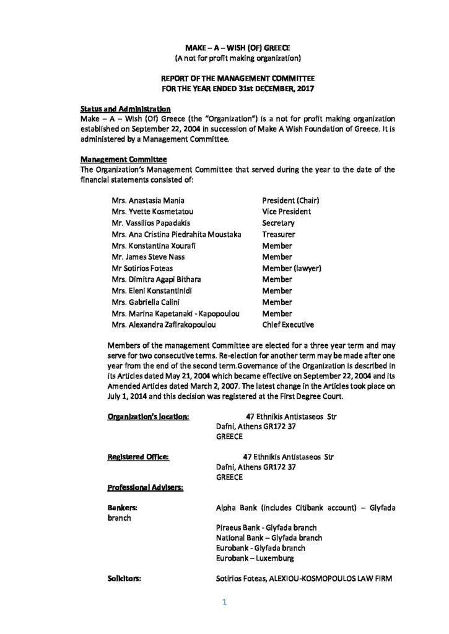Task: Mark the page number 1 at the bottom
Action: point(224,602)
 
